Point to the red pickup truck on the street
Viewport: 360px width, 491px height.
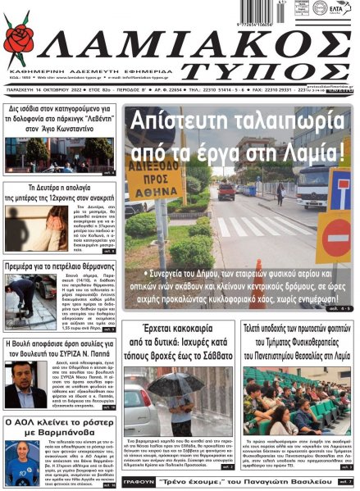(227, 190)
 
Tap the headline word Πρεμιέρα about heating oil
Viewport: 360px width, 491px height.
(31, 268)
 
